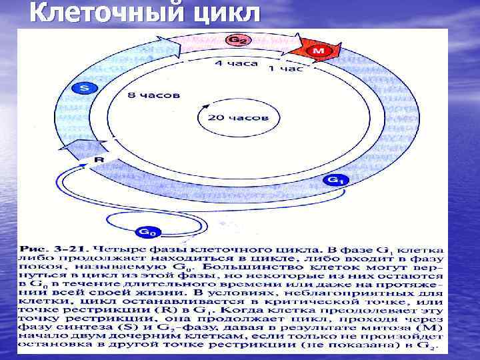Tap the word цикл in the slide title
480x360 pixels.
[223, 13]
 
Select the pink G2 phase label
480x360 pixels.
[236, 41]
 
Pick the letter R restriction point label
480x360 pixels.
[98, 160]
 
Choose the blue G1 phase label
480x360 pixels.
[335, 180]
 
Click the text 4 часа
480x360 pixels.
[230, 63]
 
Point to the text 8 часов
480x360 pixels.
[153, 95]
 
